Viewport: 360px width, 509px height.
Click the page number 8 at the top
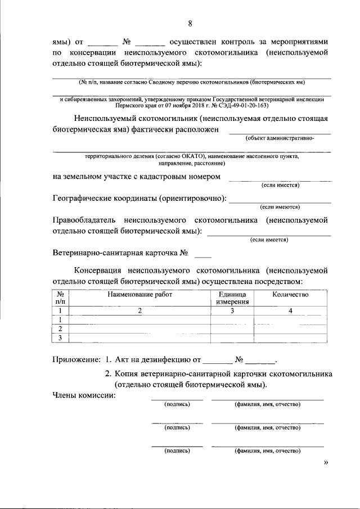pos(190,23)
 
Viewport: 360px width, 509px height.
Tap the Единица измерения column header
pos(232,298)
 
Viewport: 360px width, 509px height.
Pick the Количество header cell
pos(290,294)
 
